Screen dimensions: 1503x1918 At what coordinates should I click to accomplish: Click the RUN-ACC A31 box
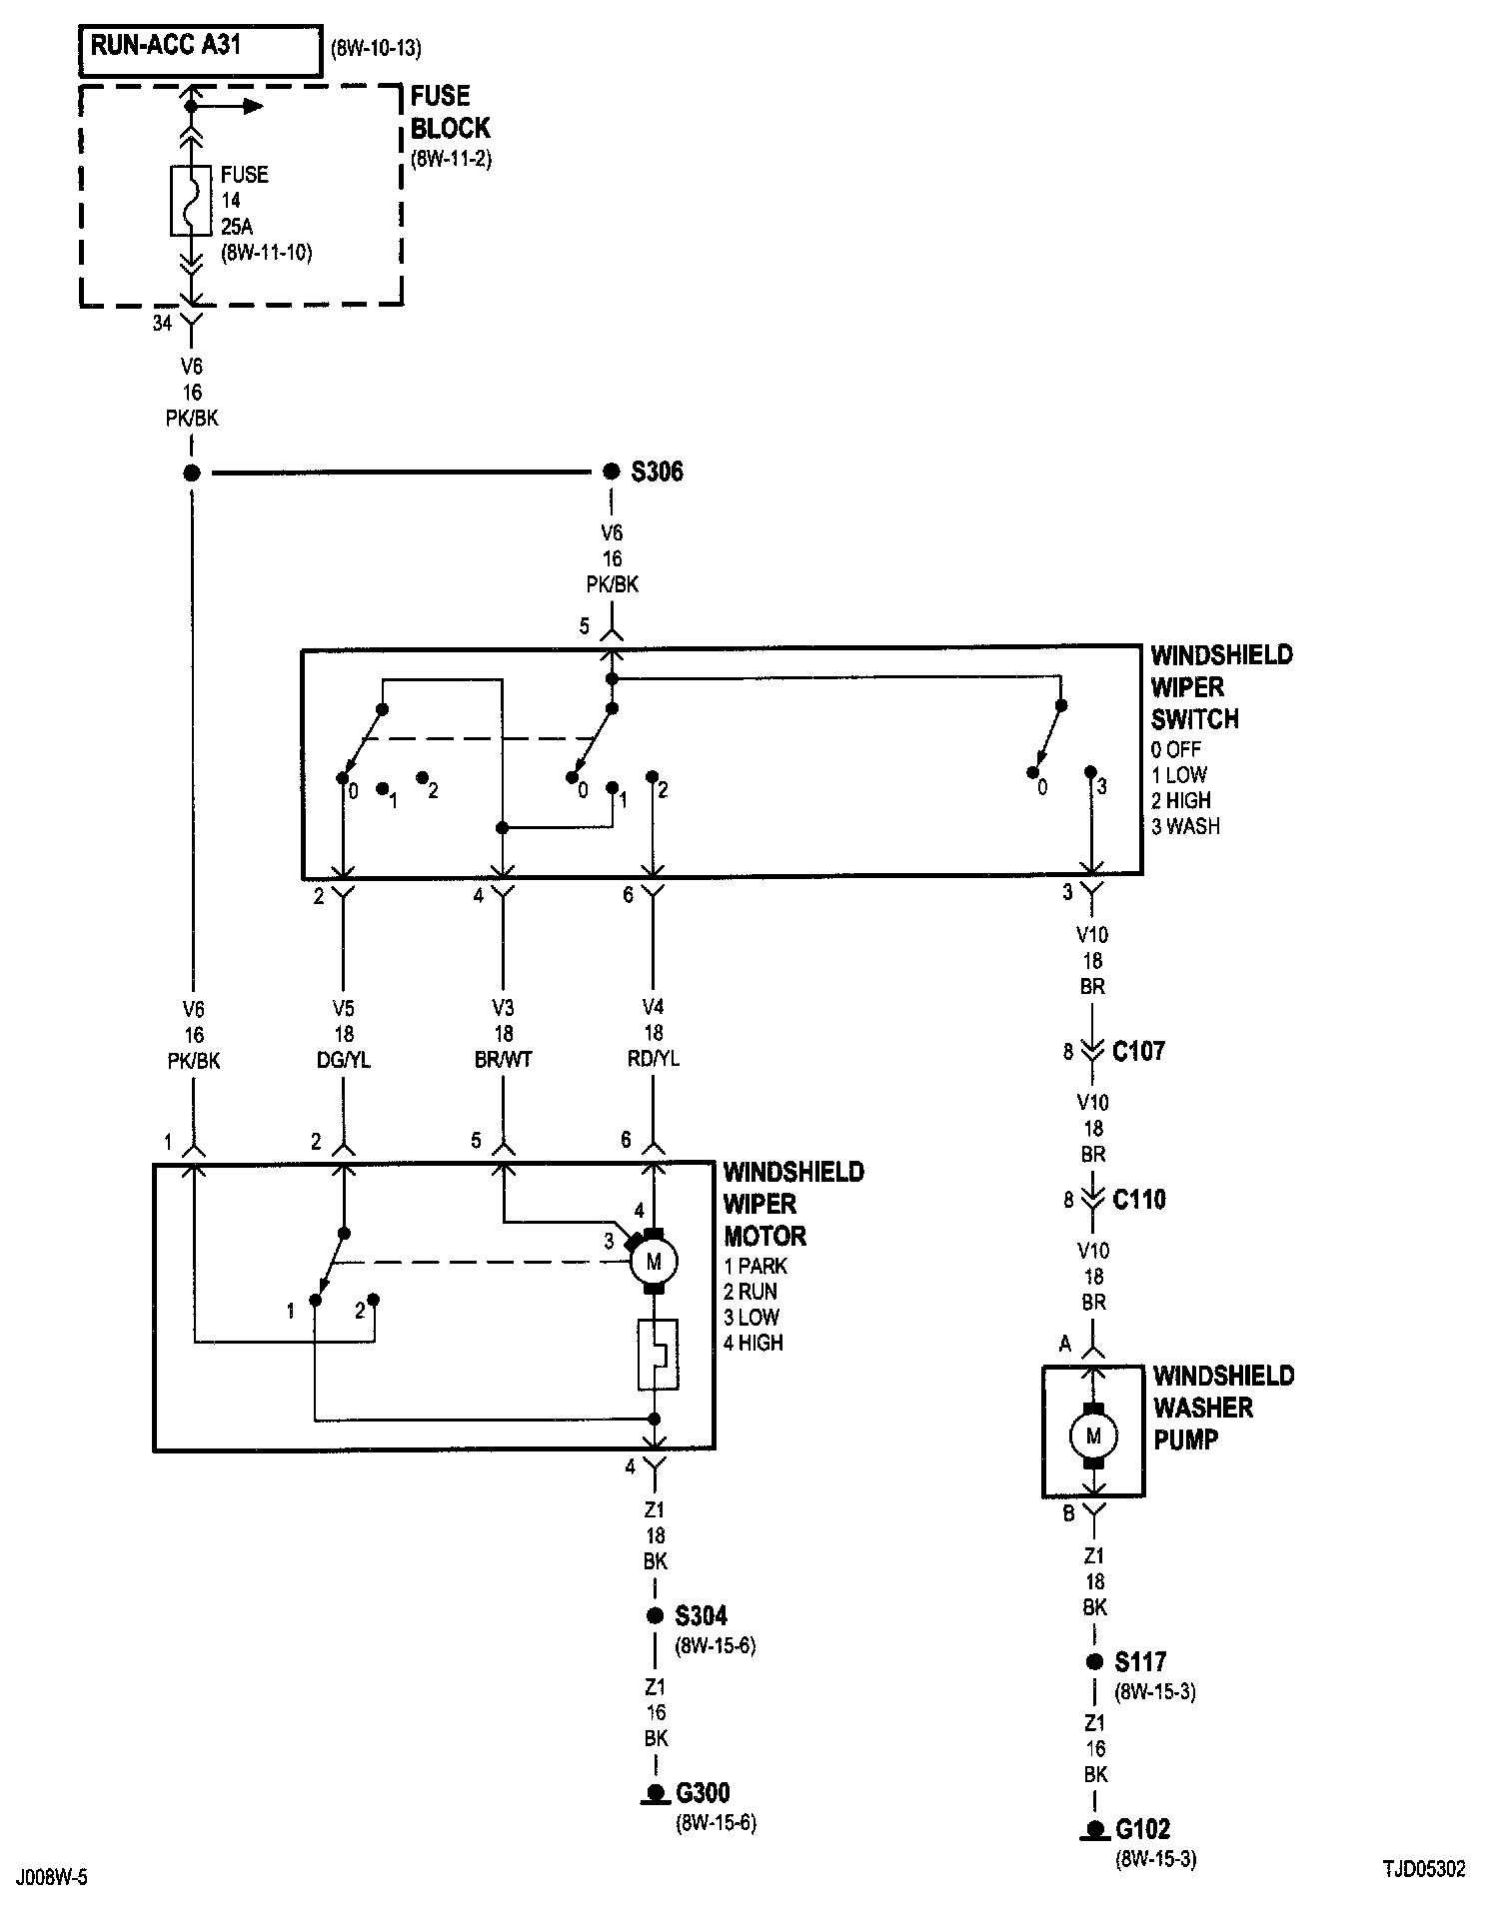point(201,52)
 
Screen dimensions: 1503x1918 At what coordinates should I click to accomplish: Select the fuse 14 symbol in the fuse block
point(191,200)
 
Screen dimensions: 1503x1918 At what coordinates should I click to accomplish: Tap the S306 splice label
point(658,472)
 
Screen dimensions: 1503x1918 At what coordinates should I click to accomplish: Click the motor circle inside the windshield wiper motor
point(654,1262)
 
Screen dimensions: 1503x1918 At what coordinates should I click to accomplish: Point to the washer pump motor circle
point(1093,1437)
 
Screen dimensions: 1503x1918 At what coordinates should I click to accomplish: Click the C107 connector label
point(1138,1051)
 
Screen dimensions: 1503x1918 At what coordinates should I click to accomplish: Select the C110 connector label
point(1138,1199)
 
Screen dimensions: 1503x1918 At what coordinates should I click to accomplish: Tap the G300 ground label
point(703,1793)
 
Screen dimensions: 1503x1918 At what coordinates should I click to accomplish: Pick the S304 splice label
point(702,1615)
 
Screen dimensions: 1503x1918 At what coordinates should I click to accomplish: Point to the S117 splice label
point(1141,1661)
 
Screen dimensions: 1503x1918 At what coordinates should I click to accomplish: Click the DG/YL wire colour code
point(345,1060)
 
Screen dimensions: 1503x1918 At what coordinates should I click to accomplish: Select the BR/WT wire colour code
point(504,1060)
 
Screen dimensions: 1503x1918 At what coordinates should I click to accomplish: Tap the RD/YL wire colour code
point(654,1060)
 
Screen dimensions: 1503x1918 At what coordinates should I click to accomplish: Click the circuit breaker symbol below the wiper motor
point(658,1354)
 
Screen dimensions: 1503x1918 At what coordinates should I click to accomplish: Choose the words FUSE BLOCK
point(451,112)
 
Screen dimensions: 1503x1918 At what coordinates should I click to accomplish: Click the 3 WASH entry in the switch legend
point(1185,826)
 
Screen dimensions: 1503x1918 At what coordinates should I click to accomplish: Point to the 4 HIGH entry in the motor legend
point(753,1343)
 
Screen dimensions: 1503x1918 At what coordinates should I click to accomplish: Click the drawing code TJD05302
point(1424,1870)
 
